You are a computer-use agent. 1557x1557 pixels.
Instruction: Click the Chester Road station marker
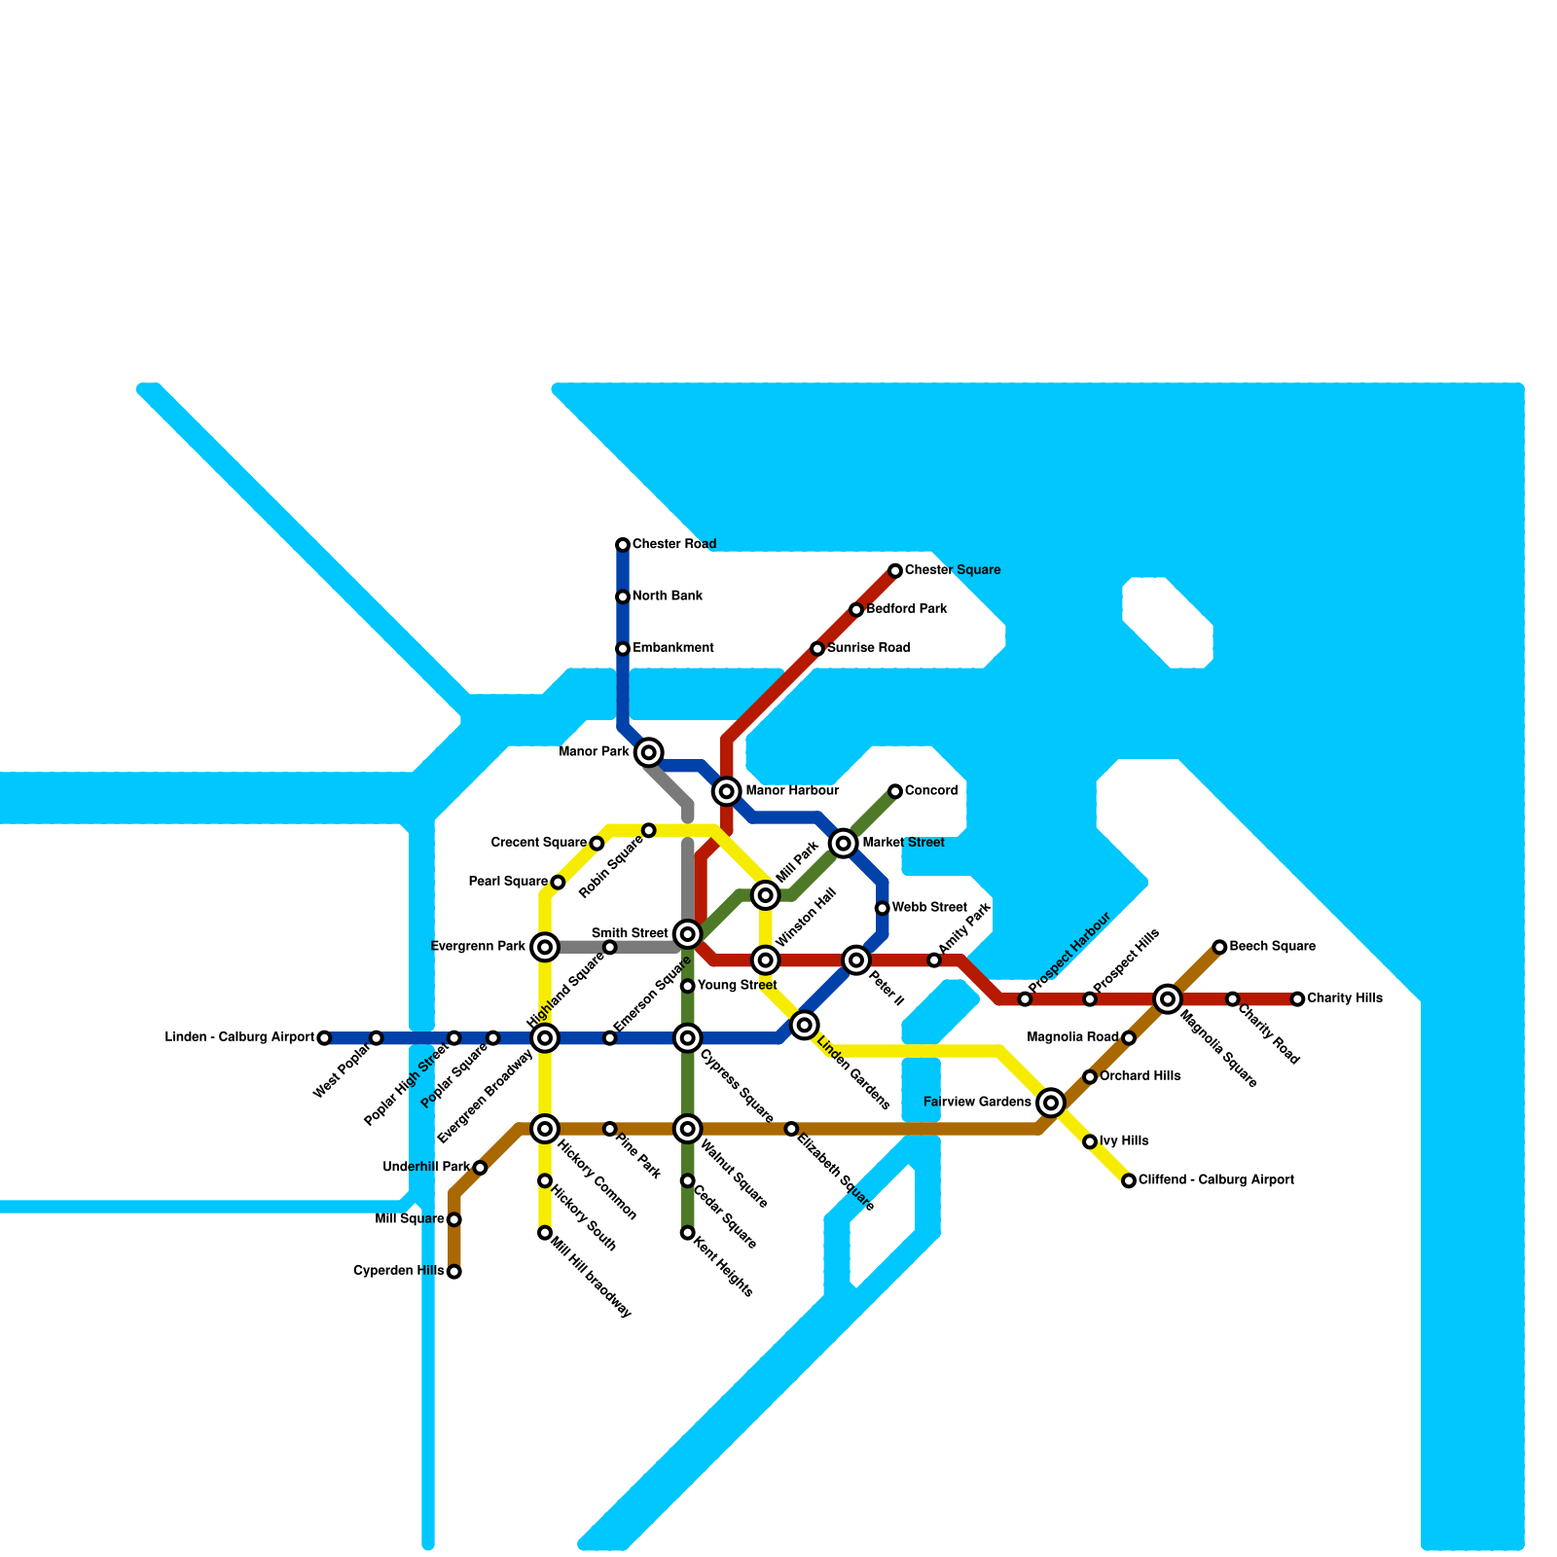pyautogui.click(x=623, y=545)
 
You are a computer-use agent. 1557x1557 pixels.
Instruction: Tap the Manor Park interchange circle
pyautogui.click(x=649, y=752)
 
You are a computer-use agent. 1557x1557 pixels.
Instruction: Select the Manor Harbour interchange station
pyautogui.click(x=726, y=791)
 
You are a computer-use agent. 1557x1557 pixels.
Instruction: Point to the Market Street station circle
pyautogui.click(x=844, y=843)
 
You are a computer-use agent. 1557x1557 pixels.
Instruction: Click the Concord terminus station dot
pyautogui.click(x=895, y=791)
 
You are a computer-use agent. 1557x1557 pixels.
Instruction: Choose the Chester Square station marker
pyautogui.click(x=895, y=570)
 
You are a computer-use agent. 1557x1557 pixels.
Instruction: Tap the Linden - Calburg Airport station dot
pyautogui.click(x=324, y=1038)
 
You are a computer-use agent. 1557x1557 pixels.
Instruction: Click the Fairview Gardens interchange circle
pyautogui.click(x=1051, y=1103)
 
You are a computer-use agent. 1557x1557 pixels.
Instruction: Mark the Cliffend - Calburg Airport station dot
pyautogui.click(x=1129, y=1180)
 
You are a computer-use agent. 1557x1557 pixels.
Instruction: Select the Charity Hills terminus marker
pyautogui.click(x=1297, y=999)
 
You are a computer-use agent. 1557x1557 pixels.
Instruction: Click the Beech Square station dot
pyautogui.click(x=1219, y=947)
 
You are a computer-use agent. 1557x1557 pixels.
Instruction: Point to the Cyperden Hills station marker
pyautogui.click(x=454, y=1272)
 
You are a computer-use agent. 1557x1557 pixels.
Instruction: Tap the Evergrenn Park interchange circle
pyautogui.click(x=546, y=947)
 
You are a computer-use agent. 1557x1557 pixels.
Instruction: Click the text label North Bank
pyautogui.click(x=668, y=597)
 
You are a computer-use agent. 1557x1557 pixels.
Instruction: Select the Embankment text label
pyautogui.click(x=673, y=648)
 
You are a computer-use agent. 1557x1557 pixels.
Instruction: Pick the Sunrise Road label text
pyautogui.click(x=869, y=648)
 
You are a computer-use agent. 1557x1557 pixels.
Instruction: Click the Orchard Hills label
pyautogui.click(x=1141, y=1077)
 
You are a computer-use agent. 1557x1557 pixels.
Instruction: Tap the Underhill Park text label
pyautogui.click(x=426, y=1168)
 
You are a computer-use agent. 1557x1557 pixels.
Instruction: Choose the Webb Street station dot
pyautogui.click(x=883, y=908)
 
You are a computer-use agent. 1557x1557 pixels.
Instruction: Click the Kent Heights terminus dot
pyautogui.click(x=688, y=1233)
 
